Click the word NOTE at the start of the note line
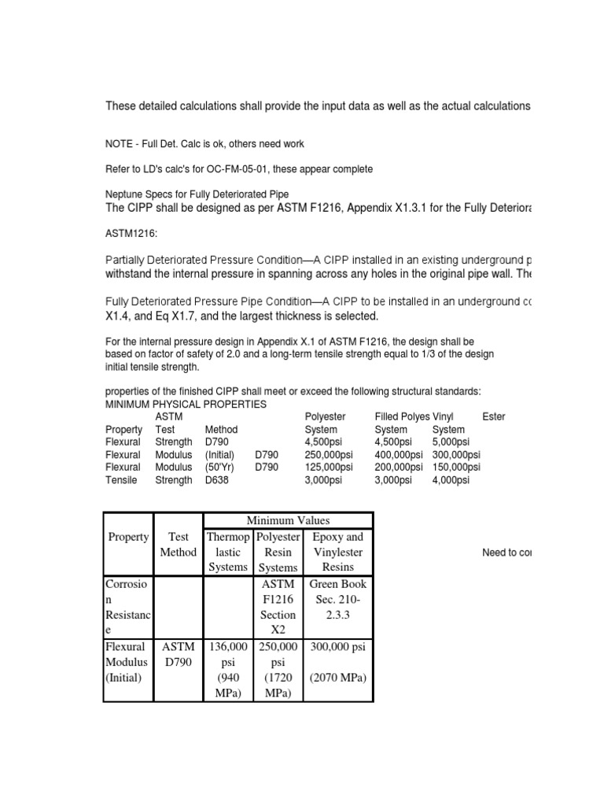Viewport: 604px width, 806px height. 119,144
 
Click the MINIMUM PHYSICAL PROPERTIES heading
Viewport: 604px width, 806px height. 186,404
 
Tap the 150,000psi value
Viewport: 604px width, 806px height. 456,468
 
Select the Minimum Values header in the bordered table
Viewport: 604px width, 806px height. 288,520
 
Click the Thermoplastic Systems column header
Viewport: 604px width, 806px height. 227,552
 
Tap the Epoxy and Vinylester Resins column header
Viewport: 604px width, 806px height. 337,552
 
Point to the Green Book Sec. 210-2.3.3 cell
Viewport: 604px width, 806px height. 337,599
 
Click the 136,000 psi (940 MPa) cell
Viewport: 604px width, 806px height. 227,669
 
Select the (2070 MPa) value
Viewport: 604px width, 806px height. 337,677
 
